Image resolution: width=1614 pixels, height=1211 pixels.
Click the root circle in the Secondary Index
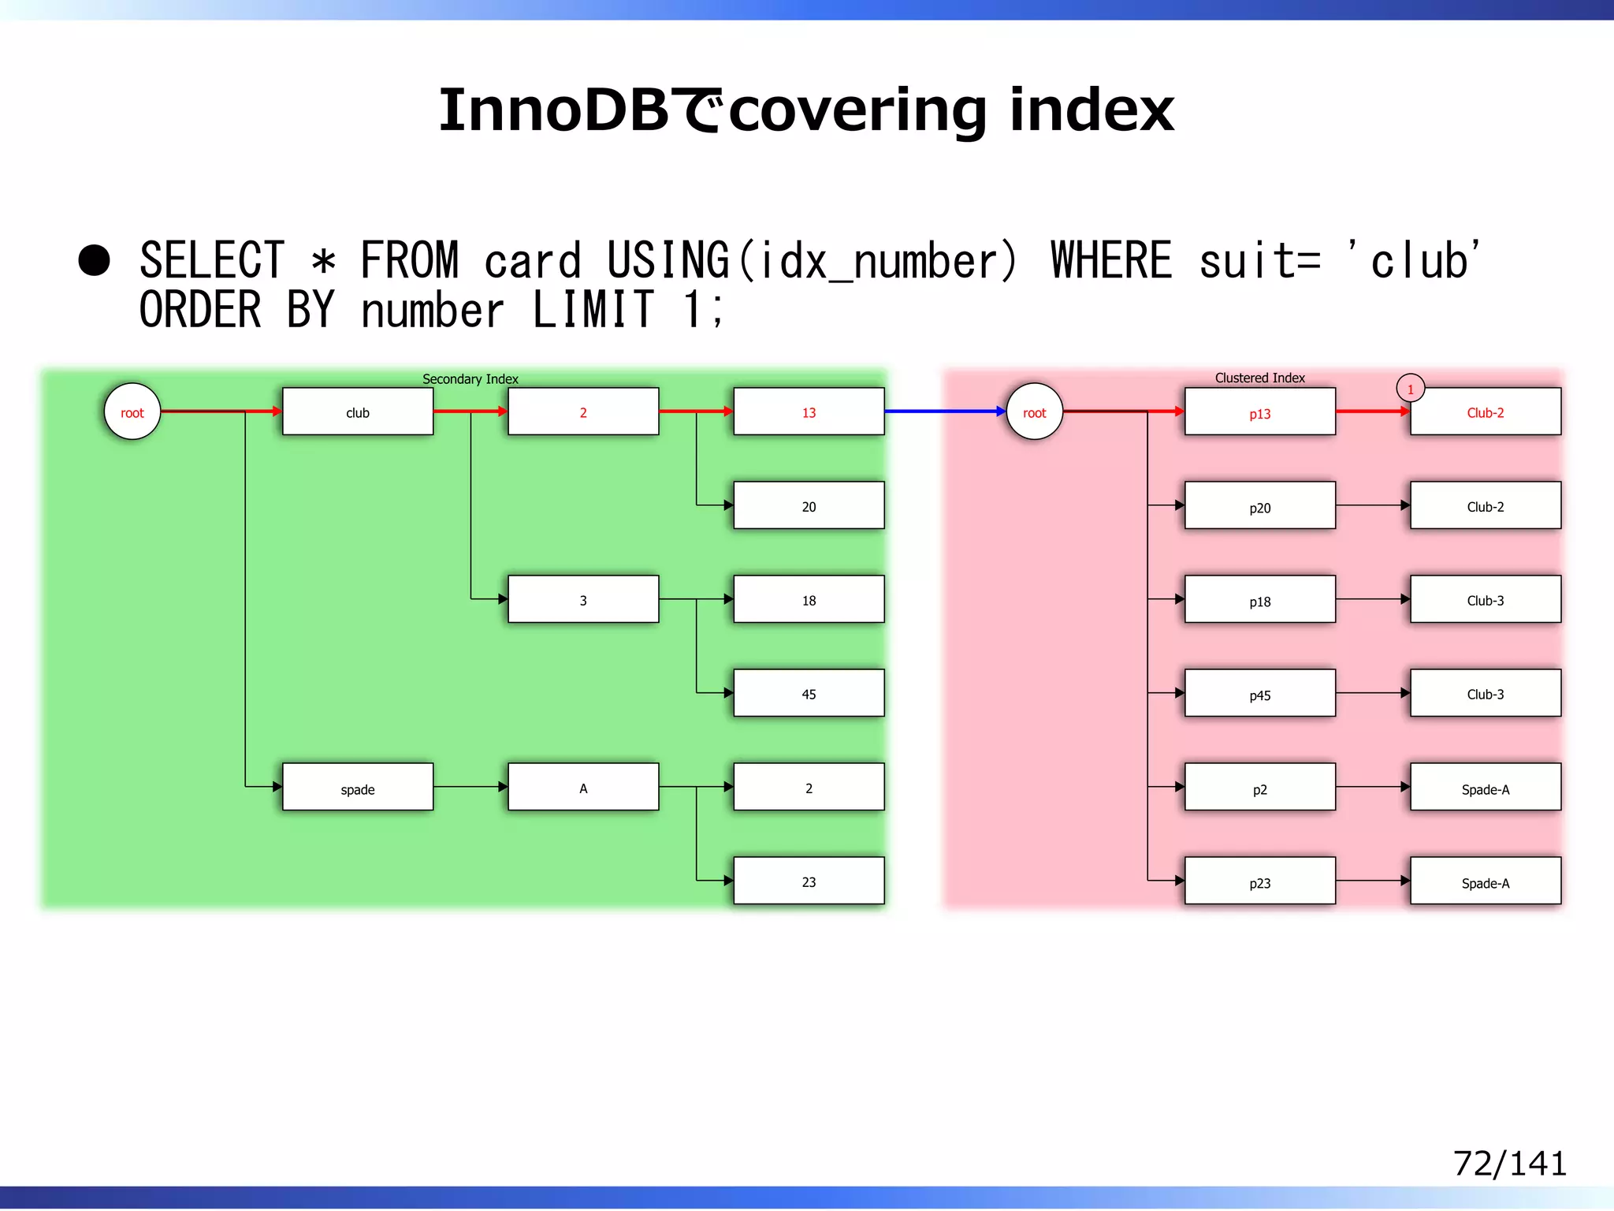(132, 412)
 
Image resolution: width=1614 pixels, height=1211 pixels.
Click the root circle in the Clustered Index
(1035, 412)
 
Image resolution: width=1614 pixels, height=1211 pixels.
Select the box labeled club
(358, 412)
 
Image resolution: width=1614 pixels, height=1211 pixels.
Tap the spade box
(358, 787)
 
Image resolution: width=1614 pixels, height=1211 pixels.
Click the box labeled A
(583, 787)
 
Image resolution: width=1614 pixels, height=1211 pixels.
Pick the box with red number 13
(809, 412)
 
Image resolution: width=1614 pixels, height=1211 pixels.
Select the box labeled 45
(809, 693)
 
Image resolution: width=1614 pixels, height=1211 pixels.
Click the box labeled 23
(809, 881)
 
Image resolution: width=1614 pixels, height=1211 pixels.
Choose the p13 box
(1259, 412)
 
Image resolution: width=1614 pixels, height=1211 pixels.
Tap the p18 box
(1259, 599)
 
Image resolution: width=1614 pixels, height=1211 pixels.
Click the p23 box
(1259, 881)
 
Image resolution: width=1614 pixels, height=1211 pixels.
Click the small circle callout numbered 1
(1411, 389)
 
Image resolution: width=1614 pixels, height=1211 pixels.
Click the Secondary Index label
(470, 379)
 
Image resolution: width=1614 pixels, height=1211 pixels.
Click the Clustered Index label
(1259, 378)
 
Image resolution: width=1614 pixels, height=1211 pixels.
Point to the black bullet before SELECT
(95, 260)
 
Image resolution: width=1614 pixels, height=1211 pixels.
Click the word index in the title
(1092, 110)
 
